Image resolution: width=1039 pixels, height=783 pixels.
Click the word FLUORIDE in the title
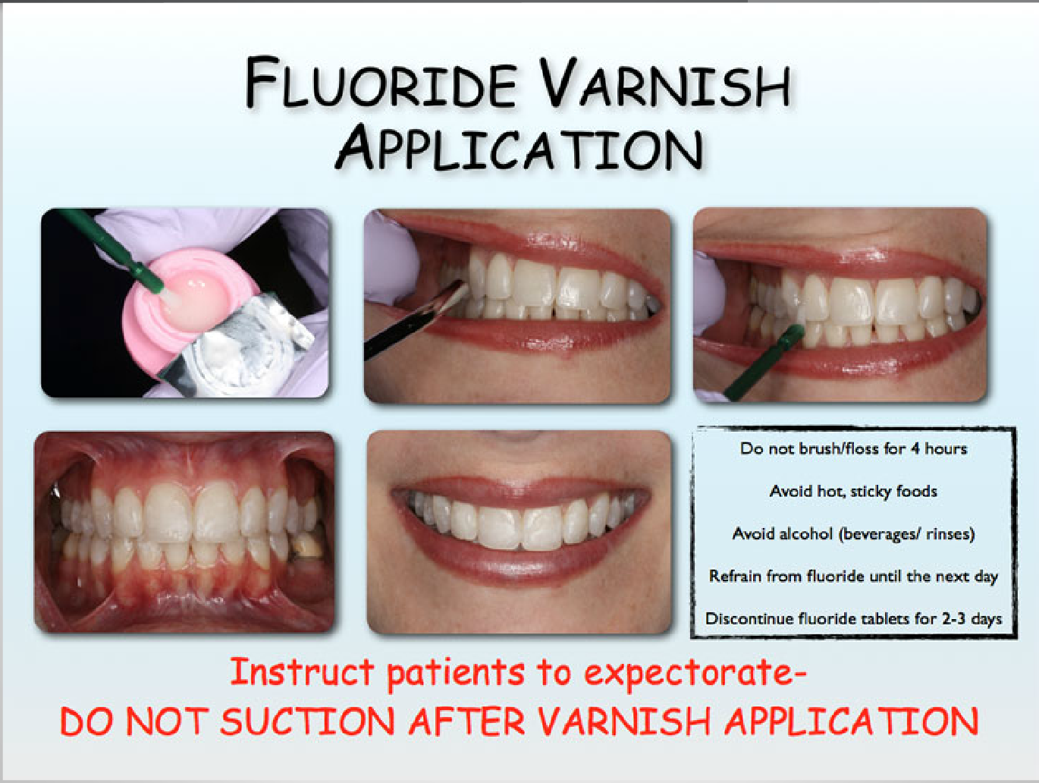tap(381, 83)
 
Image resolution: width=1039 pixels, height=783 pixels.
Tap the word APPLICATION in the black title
tap(519, 148)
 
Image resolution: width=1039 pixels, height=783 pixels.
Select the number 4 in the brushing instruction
tap(915, 448)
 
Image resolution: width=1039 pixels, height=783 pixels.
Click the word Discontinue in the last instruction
tap(748, 619)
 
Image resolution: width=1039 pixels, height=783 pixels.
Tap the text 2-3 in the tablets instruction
tap(953, 619)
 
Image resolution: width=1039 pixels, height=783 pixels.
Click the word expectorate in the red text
tap(694, 673)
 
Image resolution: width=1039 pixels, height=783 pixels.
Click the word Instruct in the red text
tap(302, 672)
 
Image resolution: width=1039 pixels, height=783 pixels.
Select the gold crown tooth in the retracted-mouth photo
tap(306, 544)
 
